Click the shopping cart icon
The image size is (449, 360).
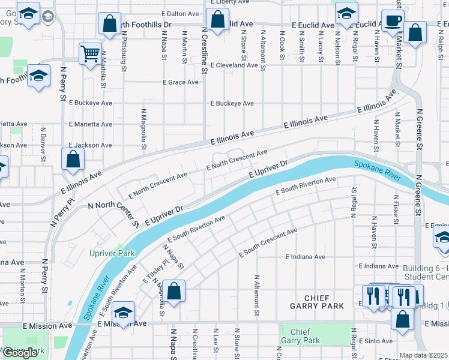pyautogui.click(x=90, y=53)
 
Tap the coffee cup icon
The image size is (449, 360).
pyautogui.click(x=393, y=20)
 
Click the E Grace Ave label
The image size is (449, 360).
pyautogui.click(x=180, y=82)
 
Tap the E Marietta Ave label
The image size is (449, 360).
pyautogui.click(x=90, y=124)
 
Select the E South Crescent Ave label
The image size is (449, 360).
pyautogui.click(x=268, y=243)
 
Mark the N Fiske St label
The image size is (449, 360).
pyautogui.click(x=396, y=209)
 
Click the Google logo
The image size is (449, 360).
pyautogui.click(x=20, y=353)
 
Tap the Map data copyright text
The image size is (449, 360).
pyautogui.click(x=423, y=355)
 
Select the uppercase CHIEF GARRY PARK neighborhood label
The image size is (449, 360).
pyautogui.click(x=316, y=302)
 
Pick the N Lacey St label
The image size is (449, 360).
pyautogui.click(x=320, y=46)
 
